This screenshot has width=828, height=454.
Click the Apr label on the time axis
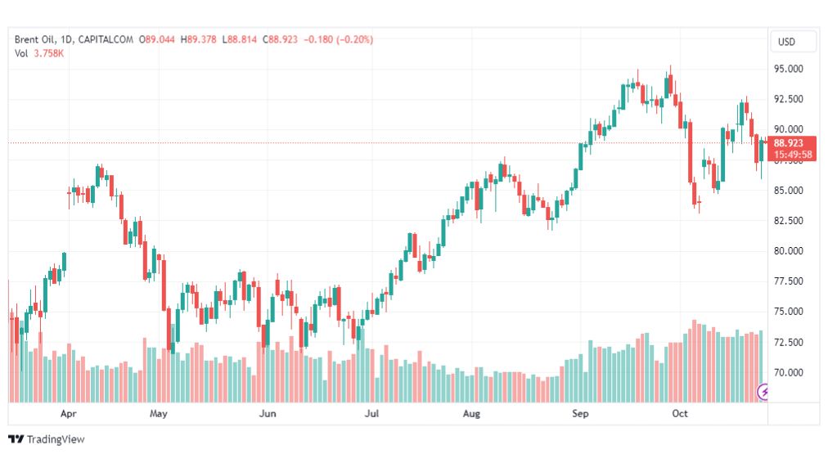click(70, 414)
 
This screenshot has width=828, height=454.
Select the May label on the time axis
click(159, 414)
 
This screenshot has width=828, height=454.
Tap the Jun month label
click(267, 414)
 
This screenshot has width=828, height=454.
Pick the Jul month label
click(372, 414)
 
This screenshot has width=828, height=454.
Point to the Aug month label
click(471, 414)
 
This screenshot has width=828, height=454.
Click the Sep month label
click(580, 414)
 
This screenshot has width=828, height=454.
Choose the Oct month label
click(680, 414)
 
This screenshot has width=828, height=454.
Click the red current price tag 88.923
click(792, 143)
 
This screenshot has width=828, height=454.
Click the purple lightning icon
click(765, 393)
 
